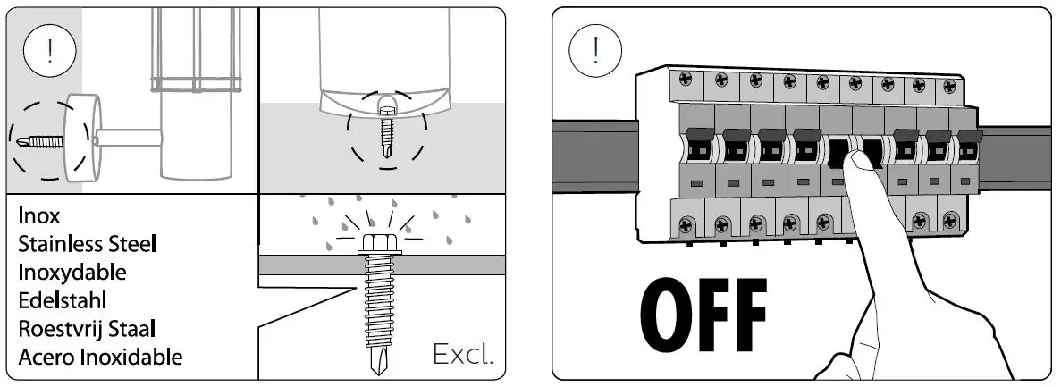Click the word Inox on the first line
point(39,216)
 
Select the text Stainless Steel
point(88,244)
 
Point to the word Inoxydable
point(72,272)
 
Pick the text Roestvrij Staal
point(87,328)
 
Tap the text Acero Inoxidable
point(100,357)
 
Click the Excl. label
point(462,354)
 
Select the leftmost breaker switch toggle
point(699,147)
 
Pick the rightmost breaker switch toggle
point(967,147)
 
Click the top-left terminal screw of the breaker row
point(687,80)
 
